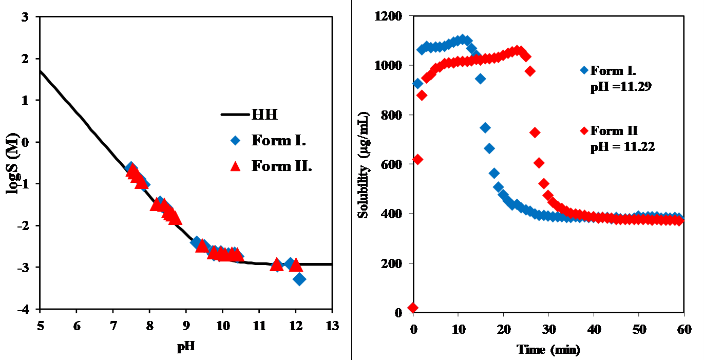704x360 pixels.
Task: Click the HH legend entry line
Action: pos(235,115)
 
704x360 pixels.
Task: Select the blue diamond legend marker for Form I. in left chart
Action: pos(235,140)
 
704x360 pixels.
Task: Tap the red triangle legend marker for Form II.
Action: pos(235,166)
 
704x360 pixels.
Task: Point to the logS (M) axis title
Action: pos(14,164)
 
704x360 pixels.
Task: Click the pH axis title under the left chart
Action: pos(186,347)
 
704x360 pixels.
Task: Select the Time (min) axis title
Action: pos(548,350)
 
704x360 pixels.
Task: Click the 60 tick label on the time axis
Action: pos(683,329)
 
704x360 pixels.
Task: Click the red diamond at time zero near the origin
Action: pos(413,308)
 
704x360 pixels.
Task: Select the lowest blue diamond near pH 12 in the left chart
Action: pos(299,279)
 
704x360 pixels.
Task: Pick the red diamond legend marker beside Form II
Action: pos(584,130)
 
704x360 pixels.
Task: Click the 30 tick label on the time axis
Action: pos(548,329)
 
